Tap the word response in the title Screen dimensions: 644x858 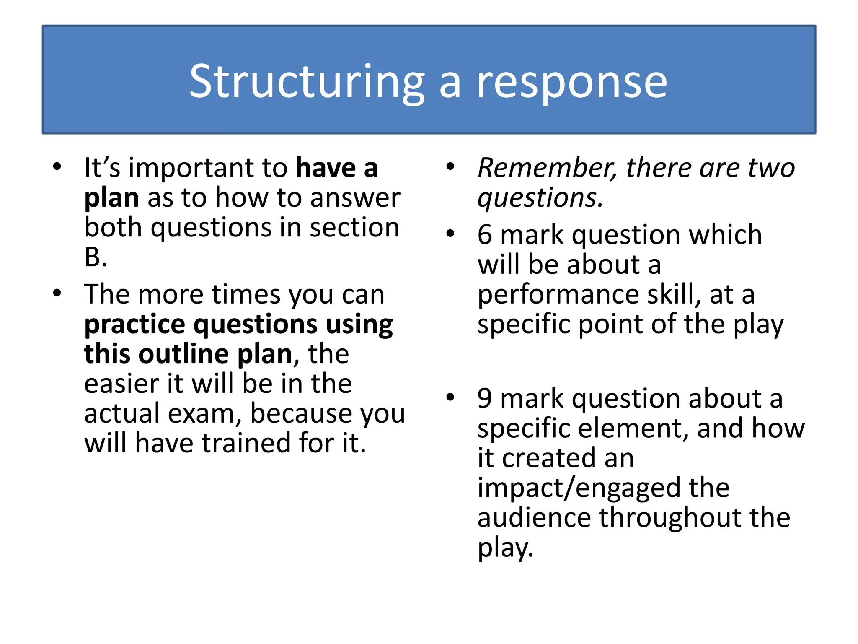(x=572, y=82)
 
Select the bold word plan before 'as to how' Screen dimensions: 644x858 (x=111, y=198)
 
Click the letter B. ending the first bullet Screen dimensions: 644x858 (x=96, y=257)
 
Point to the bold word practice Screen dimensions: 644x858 (x=134, y=325)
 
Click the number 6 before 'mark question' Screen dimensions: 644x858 (x=485, y=235)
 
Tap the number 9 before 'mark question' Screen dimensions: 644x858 (x=485, y=399)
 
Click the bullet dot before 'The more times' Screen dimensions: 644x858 (x=57, y=293)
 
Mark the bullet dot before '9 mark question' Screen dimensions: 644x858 (x=450, y=397)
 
